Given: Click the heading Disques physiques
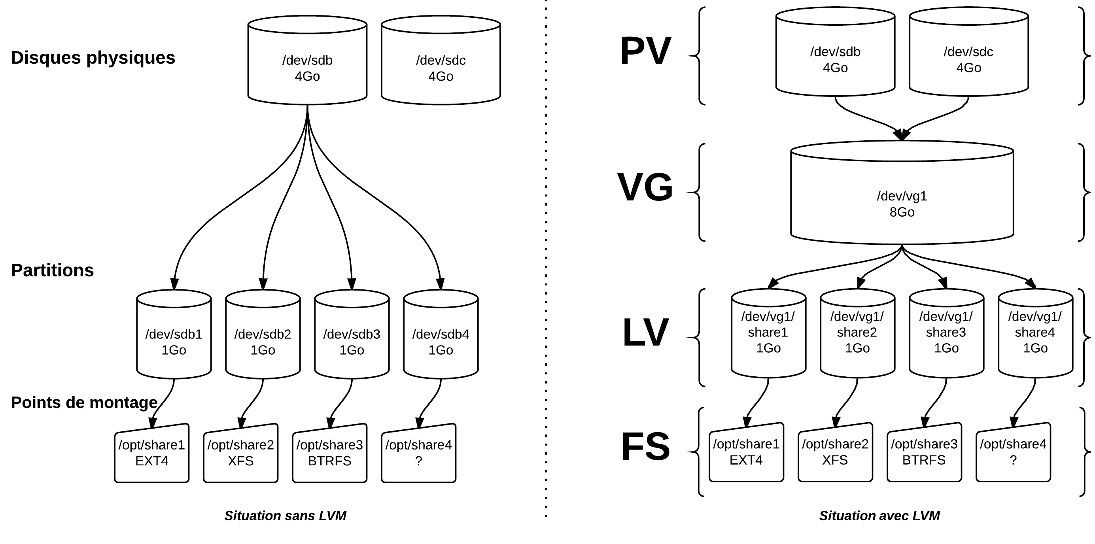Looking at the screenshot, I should (x=93, y=58).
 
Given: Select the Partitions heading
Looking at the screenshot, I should (x=52, y=270).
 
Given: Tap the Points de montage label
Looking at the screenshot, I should (x=84, y=402).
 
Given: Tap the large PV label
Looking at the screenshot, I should (x=645, y=51).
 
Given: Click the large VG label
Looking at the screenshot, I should (x=645, y=187).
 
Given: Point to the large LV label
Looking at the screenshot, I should (x=645, y=332).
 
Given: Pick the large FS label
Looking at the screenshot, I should (x=645, y=447).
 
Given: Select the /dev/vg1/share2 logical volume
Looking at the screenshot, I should (x=857, y=336).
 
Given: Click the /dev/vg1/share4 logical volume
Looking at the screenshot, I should (x=1035, y=336).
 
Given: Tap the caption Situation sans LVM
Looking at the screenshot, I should (x=285, y=516).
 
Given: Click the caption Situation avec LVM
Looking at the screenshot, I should (x=879, y=516).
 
